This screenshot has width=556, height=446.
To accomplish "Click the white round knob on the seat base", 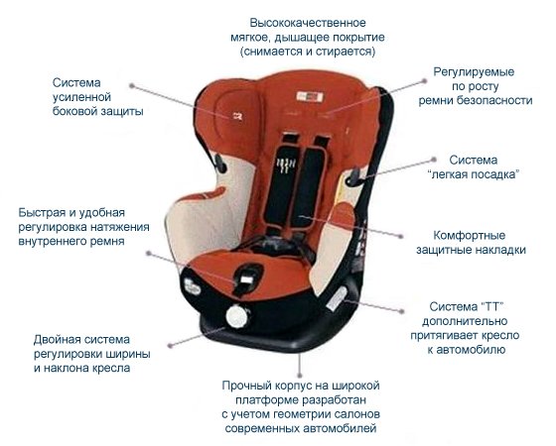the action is click(x=237, y=316).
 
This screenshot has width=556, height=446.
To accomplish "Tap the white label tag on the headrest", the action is click(x=310, y=96).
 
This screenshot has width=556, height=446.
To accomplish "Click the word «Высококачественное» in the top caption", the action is click(x=308, y=23).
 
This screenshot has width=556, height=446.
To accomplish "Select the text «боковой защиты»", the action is click(x=98, y=111).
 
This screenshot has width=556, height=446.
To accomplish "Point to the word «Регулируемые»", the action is click(x=474, y=72).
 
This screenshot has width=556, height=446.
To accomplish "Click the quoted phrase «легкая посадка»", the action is click(x=474, y=174).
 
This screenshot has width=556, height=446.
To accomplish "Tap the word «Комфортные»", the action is click(x=469, y=236).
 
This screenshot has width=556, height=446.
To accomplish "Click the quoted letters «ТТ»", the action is click(x=492, y=306).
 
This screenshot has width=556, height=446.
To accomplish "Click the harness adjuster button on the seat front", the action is click(x=247, y=279).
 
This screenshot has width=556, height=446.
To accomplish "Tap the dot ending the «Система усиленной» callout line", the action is click(x=131, y=85).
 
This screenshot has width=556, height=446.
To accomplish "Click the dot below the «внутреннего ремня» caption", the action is click(x=149, y=254).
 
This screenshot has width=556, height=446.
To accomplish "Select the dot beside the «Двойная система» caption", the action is click(x=170, y=346).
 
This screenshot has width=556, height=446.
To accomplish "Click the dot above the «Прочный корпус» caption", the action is click(x=300, y=375).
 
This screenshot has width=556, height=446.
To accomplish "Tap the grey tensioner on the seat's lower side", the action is click(x=336, y=299).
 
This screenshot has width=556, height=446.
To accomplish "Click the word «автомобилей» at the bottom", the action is click(x=340, y=428).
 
